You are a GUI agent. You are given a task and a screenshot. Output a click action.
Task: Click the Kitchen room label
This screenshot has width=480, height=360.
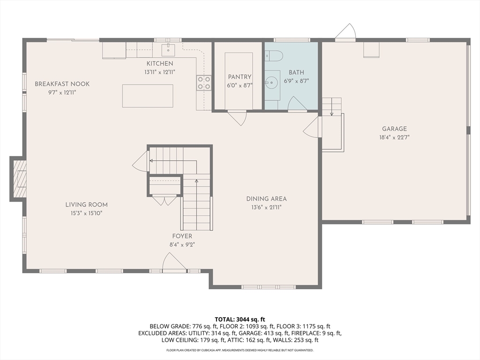tap(160, 64)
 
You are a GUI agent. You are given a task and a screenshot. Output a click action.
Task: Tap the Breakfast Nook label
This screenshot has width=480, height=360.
tap(62, 84)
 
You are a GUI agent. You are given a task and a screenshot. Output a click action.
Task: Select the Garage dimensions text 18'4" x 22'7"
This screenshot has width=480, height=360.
tap(394, 137)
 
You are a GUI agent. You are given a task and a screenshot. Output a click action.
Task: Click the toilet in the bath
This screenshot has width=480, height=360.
tap(274, 56)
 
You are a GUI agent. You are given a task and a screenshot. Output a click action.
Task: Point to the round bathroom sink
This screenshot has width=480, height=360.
tap(271, 82)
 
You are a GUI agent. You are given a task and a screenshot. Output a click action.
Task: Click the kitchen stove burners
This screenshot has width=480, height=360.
tap(204, 82)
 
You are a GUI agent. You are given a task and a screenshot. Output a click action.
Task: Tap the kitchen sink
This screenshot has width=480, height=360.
tap(168, 50)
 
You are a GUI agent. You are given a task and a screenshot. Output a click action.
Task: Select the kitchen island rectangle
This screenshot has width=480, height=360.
tap(148, 96)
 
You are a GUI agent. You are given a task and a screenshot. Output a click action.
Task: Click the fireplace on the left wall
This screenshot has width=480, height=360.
tap(18, 179)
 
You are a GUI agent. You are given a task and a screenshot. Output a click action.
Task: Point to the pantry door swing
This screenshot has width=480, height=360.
tap(237, 118)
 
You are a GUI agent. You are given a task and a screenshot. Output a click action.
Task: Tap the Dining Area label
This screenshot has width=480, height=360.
tap(267, 199)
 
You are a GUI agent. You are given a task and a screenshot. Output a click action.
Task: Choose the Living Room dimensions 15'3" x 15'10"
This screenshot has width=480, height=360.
tap(87, 213)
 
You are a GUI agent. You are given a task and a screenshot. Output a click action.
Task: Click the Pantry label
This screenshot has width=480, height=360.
tap(240, 77)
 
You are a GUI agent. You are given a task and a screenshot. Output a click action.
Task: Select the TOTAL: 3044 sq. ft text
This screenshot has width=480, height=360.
tap(240, 320)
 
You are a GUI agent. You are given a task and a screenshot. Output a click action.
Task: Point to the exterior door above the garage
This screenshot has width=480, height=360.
tap(345, 32)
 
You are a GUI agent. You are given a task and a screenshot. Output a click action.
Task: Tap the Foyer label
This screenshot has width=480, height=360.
tap(182, 236)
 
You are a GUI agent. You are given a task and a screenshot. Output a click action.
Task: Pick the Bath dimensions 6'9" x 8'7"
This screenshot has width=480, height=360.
tap(296, 81)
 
